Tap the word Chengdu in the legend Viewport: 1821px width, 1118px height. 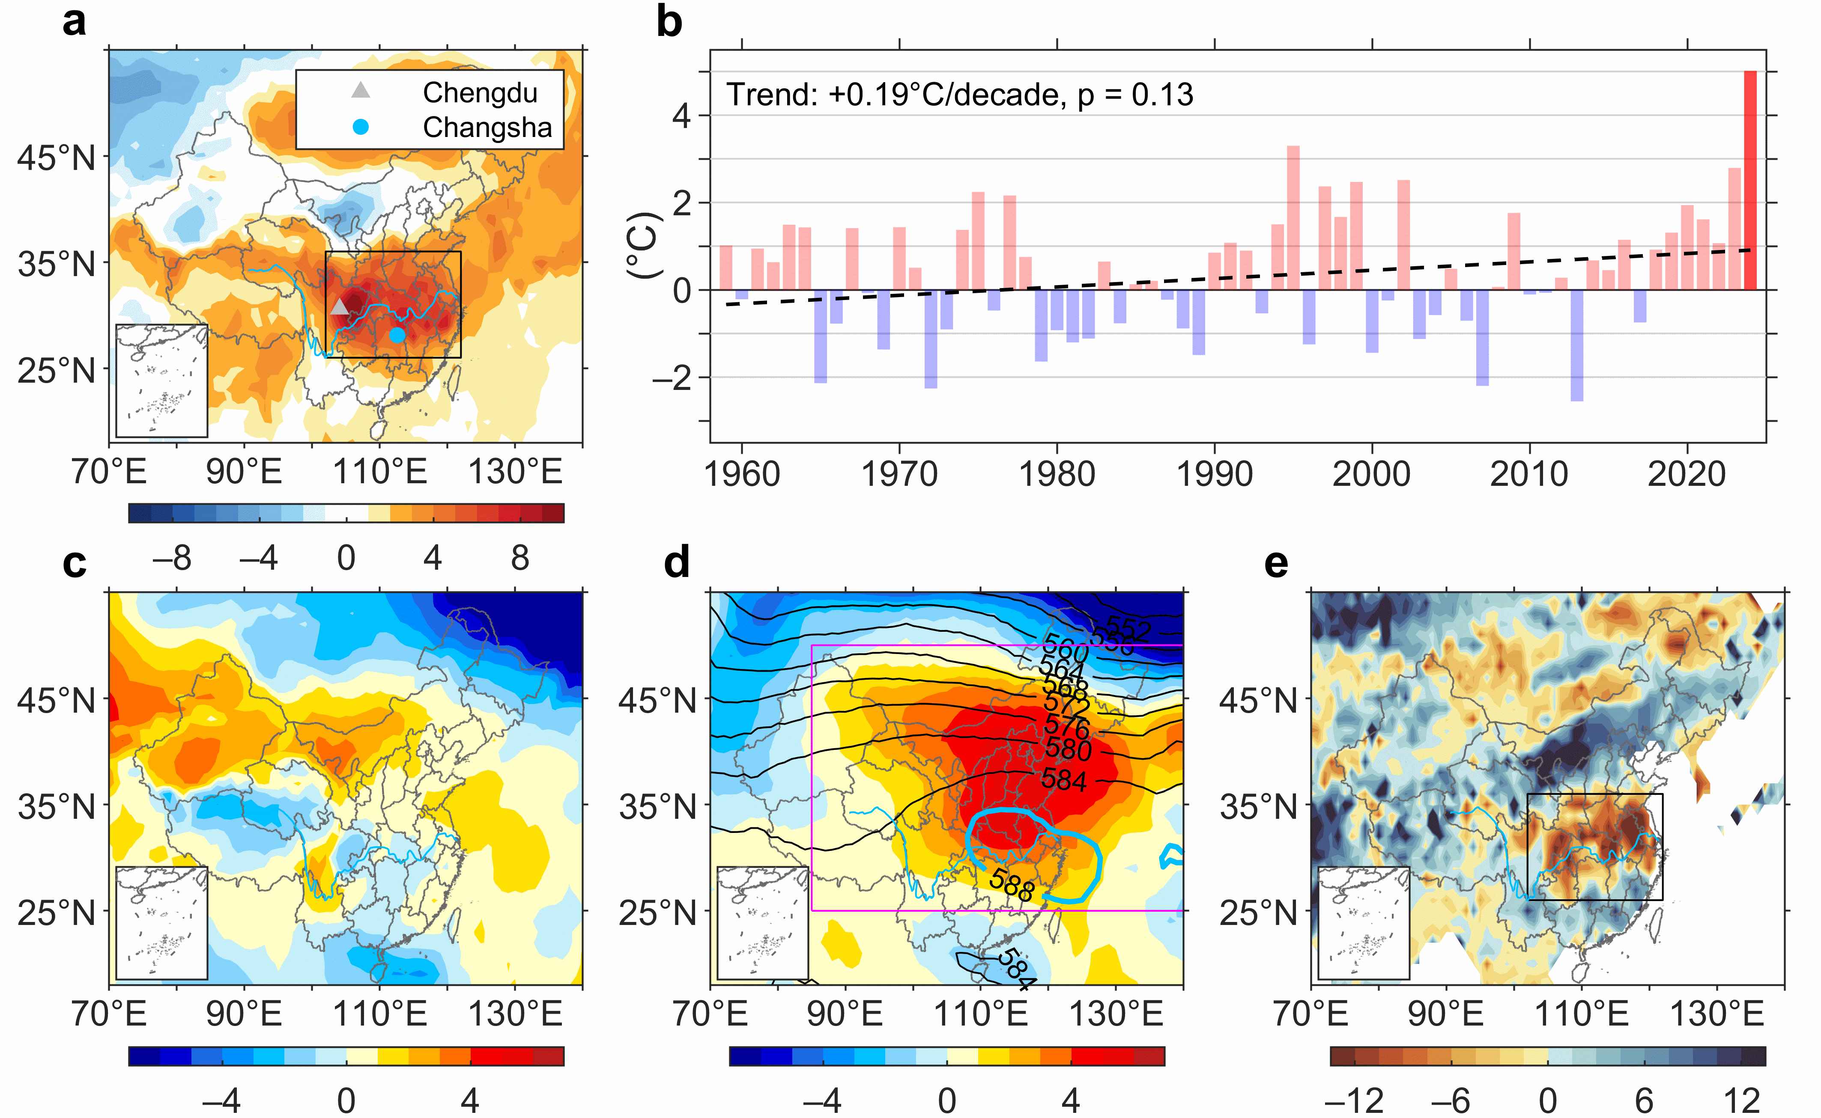click(480, 93)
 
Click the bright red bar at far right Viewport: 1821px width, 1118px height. click(1750, 181)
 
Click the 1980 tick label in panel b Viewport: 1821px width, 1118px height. click(1057, 474)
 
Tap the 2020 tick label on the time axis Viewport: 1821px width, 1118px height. click(1687, 474)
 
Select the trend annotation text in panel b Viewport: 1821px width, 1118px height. click(959, 95)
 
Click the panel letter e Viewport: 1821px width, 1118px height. click(1276, 563)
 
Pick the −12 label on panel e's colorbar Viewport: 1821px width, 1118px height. click(1354, 1101)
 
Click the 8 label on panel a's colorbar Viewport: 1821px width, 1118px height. click(520, 558)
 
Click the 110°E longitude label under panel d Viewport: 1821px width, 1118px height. click(981, 1014)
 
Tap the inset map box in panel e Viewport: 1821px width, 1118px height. click(1363, 923)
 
